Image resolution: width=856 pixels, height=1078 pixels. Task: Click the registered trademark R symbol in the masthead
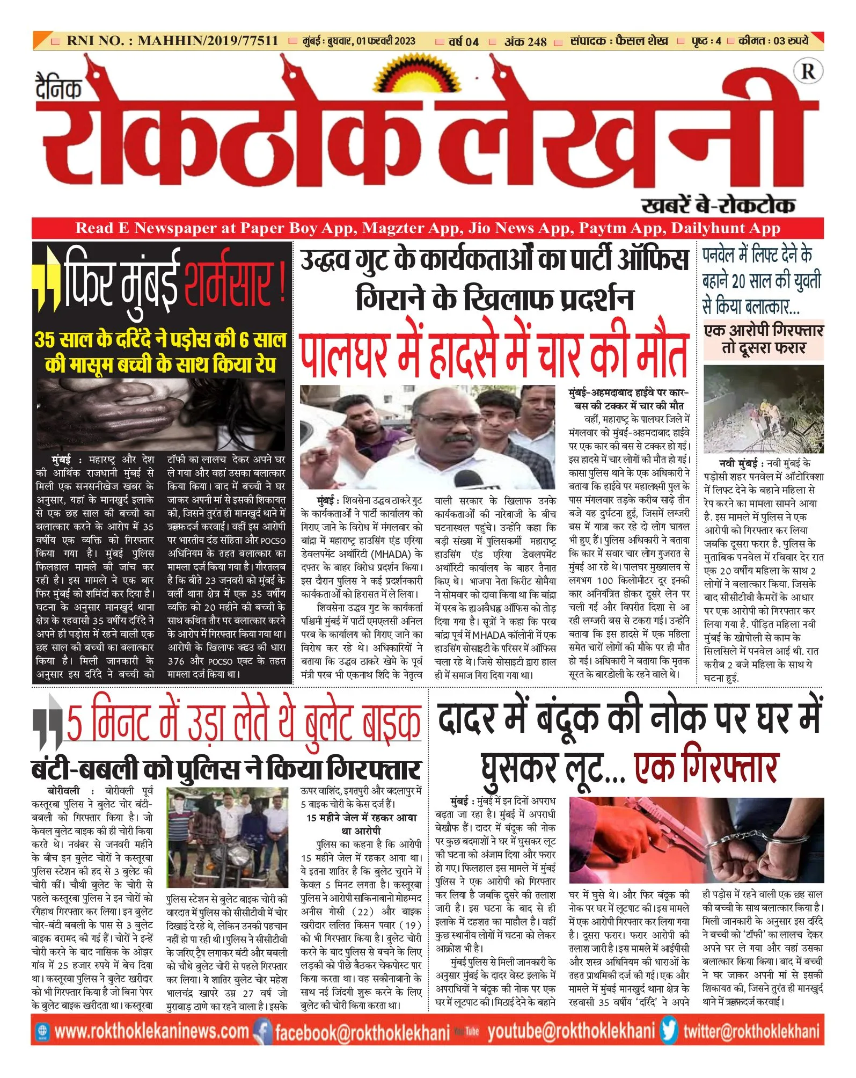pyautogui.click(x=808, y=71)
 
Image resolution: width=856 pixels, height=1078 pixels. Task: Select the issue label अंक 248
pyautogui.click(x=525, y=41)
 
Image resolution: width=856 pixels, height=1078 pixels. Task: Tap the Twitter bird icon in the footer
pyautogui.click(x=669, y=1031)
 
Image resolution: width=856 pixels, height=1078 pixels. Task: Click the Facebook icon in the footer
pyautogui.click(x=263, y=1031)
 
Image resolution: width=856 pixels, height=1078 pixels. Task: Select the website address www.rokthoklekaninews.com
pyautogui.click(x=151, y=1031)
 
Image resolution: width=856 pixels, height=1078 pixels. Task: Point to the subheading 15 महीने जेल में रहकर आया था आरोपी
pyautogui.click(x=361, y=824)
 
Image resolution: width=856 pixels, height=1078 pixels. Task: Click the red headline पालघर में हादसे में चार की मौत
pyautogui.click(x=494, y=354)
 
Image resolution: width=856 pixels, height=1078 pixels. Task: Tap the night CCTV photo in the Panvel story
pyautogui.click(x=763, y=409)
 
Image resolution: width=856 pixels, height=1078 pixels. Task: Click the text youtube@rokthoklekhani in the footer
pyautogui.click(x=571, y=1031)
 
